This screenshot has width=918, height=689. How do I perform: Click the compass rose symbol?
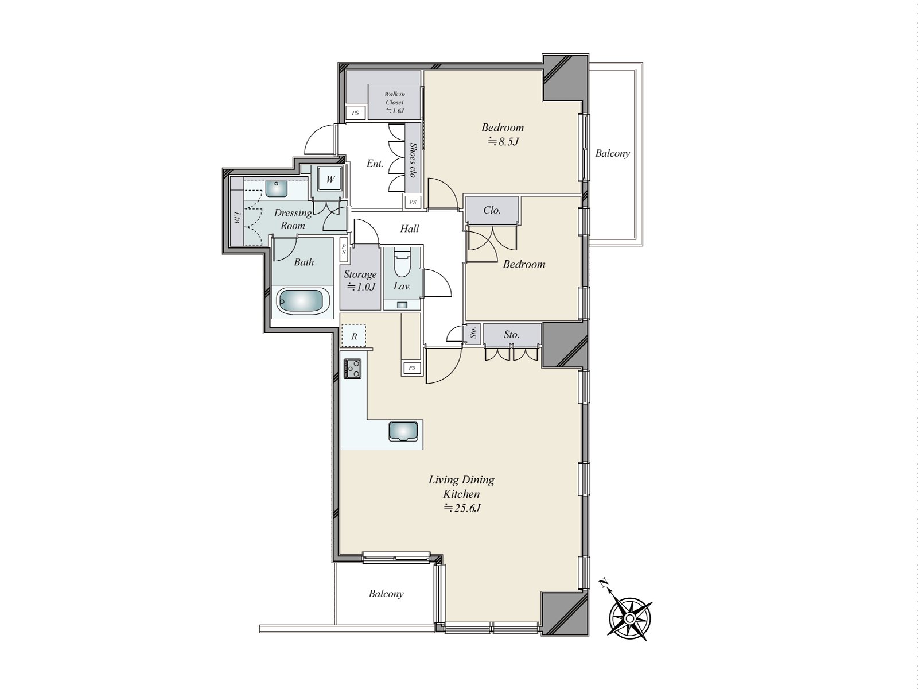630,618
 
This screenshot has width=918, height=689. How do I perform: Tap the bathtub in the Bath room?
303,301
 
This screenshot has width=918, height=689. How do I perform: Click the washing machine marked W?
330,180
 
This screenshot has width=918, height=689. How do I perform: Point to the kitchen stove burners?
352,369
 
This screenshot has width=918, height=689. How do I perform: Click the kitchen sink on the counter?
403,431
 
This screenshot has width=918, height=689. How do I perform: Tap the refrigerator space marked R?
354,335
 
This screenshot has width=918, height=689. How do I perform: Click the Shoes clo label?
413,160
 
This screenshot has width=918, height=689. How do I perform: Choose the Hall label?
410,229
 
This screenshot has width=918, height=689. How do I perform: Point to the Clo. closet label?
492,210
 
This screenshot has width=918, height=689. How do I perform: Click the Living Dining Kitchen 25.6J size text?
461,508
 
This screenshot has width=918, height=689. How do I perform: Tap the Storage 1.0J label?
360,280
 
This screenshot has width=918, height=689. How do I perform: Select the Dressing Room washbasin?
277,188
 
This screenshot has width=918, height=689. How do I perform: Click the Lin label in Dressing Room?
237,218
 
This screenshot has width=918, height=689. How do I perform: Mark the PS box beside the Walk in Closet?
355,113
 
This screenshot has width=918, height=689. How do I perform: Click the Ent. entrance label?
375,164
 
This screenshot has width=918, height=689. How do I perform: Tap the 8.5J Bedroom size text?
503,141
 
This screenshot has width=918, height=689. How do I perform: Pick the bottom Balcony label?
386,594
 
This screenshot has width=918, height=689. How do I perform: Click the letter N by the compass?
603,583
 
